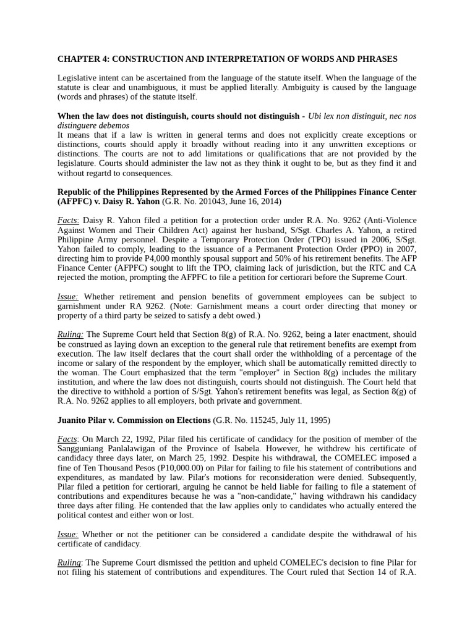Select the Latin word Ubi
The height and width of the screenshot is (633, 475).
(x=315, y=116)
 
